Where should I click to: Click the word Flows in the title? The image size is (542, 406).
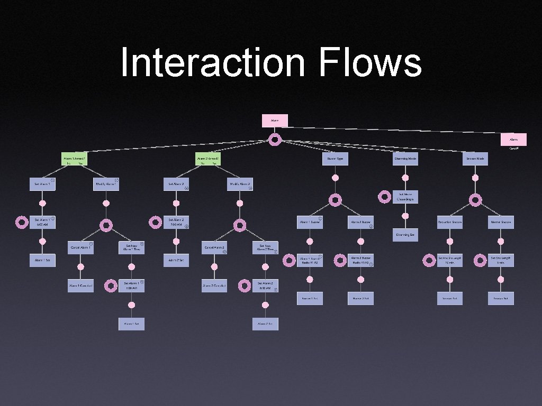click(371, 62)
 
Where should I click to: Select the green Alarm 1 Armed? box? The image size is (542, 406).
click(74, 159)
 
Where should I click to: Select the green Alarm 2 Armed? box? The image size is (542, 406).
click(207, 159)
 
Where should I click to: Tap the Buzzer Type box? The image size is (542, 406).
click(335, 159)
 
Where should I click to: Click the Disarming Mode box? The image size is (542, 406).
click(405, 159)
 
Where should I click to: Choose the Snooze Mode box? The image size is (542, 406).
click(475, 159)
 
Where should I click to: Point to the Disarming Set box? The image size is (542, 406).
click(405, 234)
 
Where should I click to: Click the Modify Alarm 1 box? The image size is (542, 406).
click(106, 184)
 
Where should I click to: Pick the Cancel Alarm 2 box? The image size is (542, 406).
click(214, 247)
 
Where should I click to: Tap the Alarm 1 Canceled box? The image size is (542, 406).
click(80, 285)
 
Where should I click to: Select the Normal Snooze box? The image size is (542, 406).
click(501, 222)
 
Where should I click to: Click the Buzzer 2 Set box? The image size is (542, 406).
click(360, 299)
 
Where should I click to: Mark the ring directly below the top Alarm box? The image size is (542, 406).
click(275, 140)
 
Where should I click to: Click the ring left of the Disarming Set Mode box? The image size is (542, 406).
click(385, 197)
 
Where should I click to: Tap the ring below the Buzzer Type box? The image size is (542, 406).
click(335, 200)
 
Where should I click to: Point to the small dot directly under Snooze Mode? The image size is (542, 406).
click(475, 178)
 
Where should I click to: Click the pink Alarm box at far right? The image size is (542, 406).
click(513, 140)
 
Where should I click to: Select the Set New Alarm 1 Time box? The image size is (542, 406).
click(131, 247)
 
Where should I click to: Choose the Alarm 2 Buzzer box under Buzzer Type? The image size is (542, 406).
click(360, 222)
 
